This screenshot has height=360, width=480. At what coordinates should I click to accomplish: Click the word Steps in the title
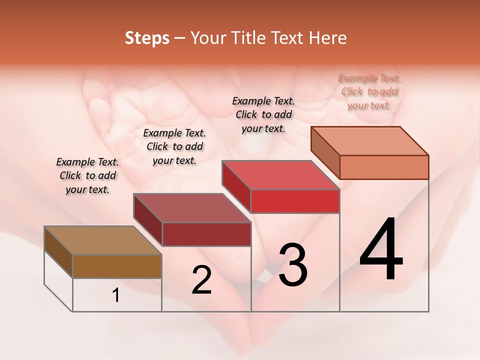(146, 38)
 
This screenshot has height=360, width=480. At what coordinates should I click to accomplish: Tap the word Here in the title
(327, 38)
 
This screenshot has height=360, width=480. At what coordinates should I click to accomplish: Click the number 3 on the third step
(293, 265)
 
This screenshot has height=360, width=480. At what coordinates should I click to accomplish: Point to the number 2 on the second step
(202, 280)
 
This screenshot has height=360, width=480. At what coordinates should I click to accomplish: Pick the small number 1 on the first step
(116, 295)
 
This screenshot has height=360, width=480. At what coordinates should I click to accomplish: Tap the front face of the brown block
(117, 266)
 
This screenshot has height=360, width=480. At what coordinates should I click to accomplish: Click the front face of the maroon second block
(206, 234)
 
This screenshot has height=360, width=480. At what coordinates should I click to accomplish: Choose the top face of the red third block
(280, 175)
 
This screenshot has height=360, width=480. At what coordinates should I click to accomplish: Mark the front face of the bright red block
(295, 201)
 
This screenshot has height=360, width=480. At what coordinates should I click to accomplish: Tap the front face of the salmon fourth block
(384, 167)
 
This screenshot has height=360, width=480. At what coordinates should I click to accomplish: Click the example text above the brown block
(87, 176)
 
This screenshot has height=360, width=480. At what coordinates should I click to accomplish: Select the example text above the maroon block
(174, 147)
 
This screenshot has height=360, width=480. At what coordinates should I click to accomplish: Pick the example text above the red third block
(263, 114)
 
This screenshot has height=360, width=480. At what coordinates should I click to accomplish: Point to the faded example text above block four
(369, 92)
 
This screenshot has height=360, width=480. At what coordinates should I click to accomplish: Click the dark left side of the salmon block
(325, 152)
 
